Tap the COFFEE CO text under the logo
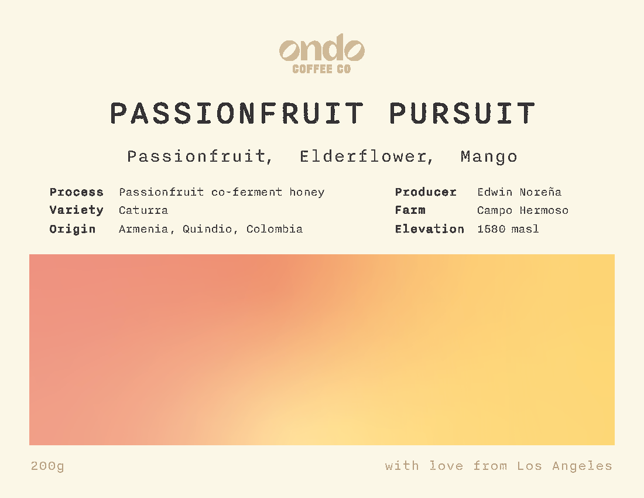321,69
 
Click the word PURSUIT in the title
462,114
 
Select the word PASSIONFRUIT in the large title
237,114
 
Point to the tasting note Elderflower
366,156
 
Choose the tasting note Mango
489,156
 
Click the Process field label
76,192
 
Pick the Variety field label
76,210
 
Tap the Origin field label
72,229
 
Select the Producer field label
426,192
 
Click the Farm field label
410,210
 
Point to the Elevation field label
429,229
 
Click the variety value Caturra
143,210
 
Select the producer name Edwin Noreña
519,192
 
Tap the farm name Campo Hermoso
523,210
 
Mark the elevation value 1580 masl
508,229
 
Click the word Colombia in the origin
275,229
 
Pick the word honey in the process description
307,192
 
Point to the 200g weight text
47,466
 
